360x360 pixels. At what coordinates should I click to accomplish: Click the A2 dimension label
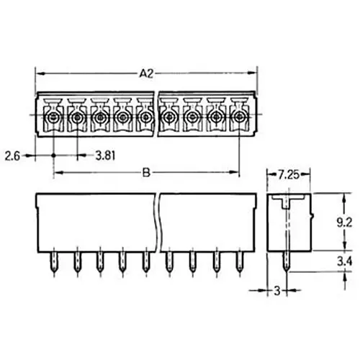point(146,73)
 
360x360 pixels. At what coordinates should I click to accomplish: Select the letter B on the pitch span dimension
point(147,173)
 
